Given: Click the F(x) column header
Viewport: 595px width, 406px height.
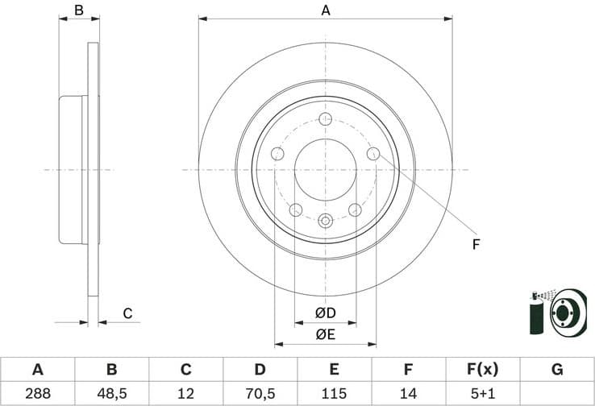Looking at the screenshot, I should point(482,370).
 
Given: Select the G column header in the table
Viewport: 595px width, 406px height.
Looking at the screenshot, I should point(556,370).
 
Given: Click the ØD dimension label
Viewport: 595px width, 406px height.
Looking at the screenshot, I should point(325,313).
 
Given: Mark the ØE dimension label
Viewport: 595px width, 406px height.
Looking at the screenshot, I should point(325,334).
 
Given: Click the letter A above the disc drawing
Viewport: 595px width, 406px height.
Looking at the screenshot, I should point(326,10).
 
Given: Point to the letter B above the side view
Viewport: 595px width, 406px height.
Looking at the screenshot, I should point(79,10).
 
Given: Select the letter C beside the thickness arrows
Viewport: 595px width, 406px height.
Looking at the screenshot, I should point(127,313).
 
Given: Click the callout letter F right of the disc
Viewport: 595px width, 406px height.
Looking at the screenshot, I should point(476,243).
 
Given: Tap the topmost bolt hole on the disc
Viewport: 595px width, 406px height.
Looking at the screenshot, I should point(326,120).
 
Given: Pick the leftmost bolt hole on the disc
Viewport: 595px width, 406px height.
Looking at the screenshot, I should point(278,154).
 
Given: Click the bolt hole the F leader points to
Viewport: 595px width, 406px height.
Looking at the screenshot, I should point(372,154).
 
